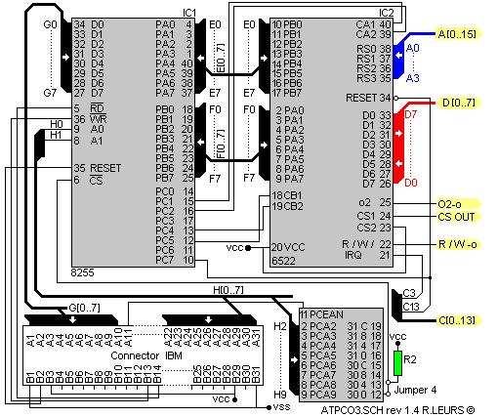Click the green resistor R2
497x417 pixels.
[397, 363]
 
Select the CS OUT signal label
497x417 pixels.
[457, 216]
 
